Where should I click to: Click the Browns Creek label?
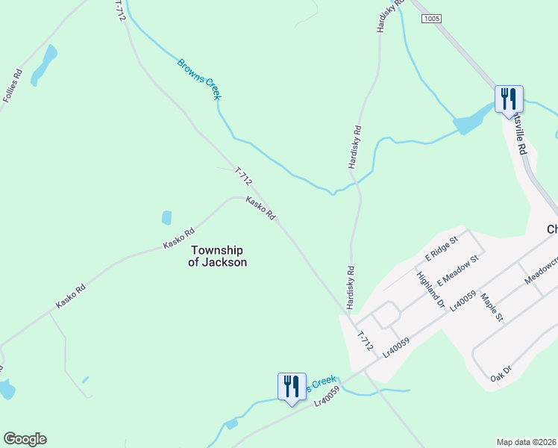[x=199, y=78]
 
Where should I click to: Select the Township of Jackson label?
[x=218, y=256]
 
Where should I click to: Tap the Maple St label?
[x=492, y=308]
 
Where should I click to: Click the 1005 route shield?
[x=430, y=18]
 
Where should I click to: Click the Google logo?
[x=25, y=439]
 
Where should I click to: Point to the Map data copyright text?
[x=527, y=441]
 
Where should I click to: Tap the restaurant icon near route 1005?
[x=508, y=99]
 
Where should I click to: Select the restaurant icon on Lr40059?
[x=291, y=386]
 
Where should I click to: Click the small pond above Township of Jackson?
[x=166, y=218]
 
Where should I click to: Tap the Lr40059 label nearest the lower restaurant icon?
[x=327, y=395]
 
